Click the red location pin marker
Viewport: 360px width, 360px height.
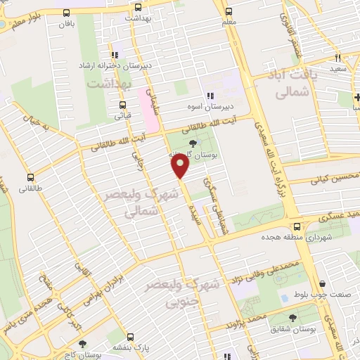(181, 166)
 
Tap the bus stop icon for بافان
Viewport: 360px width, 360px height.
(66, 13)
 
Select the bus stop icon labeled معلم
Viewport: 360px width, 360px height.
(227, 11)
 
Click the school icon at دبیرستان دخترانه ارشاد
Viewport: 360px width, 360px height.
(115, 55)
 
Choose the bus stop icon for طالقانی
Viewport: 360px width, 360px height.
(30, 178)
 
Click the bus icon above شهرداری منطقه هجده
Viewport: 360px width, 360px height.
(297, 226)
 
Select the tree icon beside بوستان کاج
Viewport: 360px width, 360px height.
(82, 344)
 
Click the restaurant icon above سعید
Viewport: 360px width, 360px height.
(338, 58)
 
